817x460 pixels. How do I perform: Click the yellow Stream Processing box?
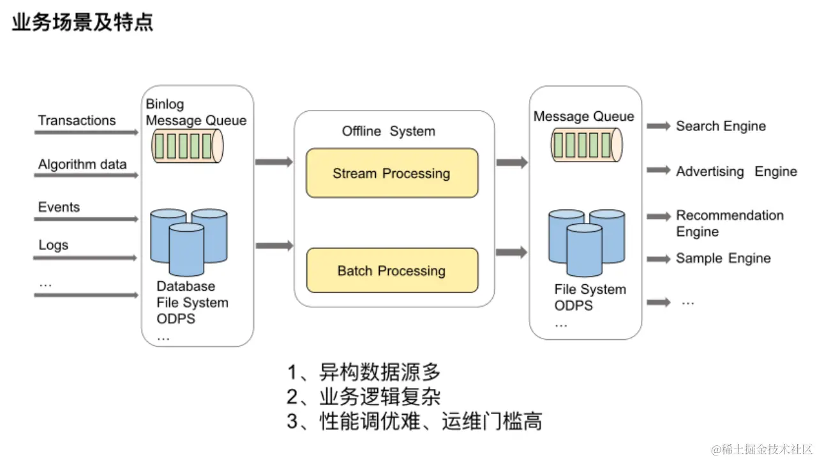click(x=392, y=173)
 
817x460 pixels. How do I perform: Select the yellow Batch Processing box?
click(x=392, y=270)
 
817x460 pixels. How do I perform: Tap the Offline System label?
click(x=389, y=131)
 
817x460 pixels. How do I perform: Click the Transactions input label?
click(x=77, y=121)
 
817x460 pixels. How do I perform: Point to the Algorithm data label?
click(x=82, y=165)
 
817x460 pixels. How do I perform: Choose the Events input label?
click(x=59, y=207)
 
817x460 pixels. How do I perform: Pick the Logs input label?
click(x=53, y=245)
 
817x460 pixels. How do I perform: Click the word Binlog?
click(x=165, y=104)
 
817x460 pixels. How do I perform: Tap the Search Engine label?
click(x=721, y=126)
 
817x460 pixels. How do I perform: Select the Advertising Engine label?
click(x=737, y=171)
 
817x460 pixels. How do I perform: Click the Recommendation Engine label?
click(x=730, y=224)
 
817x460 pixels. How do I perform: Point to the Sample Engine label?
click(x=723, y=258)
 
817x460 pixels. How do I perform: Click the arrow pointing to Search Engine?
click(x=659, y=126)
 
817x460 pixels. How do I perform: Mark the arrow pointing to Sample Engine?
click(x=659, y=259)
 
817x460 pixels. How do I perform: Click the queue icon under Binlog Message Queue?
click(x=188, y=146)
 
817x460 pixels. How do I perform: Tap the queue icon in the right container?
click(x=587, y=144)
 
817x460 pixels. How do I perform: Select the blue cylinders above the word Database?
click(x=189, y=242)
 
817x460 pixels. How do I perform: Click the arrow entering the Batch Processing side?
click(x=274, y=245)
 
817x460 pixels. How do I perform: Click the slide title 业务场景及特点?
click(x=82, y=22)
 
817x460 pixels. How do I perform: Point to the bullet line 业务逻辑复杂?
click(x=364, y=397)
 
